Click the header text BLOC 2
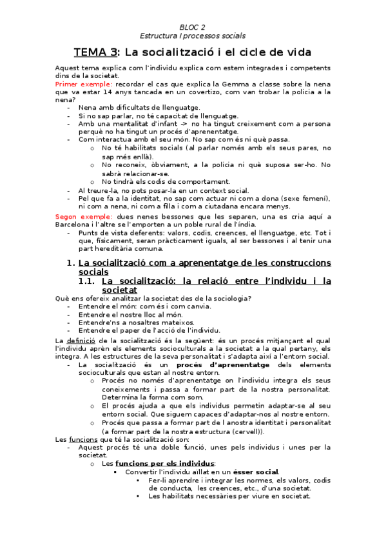(193, 26)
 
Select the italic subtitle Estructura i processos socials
(193, 35)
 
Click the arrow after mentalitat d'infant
(165, 123)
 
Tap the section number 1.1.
(86, 281)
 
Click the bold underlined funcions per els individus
(165, 463)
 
